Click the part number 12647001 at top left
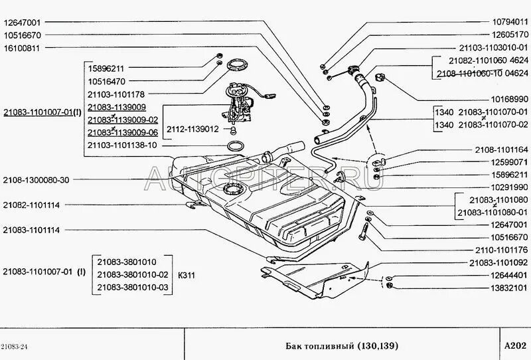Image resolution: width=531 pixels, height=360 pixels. coord(23,21)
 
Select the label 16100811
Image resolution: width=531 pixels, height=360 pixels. coord(23,48)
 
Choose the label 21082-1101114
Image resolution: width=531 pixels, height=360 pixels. coord(31,205)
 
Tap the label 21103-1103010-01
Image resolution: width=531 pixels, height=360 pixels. coord(493,48)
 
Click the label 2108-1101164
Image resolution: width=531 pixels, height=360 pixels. coord(501,149)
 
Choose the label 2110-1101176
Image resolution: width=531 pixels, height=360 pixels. coord(498,249)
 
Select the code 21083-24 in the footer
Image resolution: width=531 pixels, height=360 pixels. coord(14,347)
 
